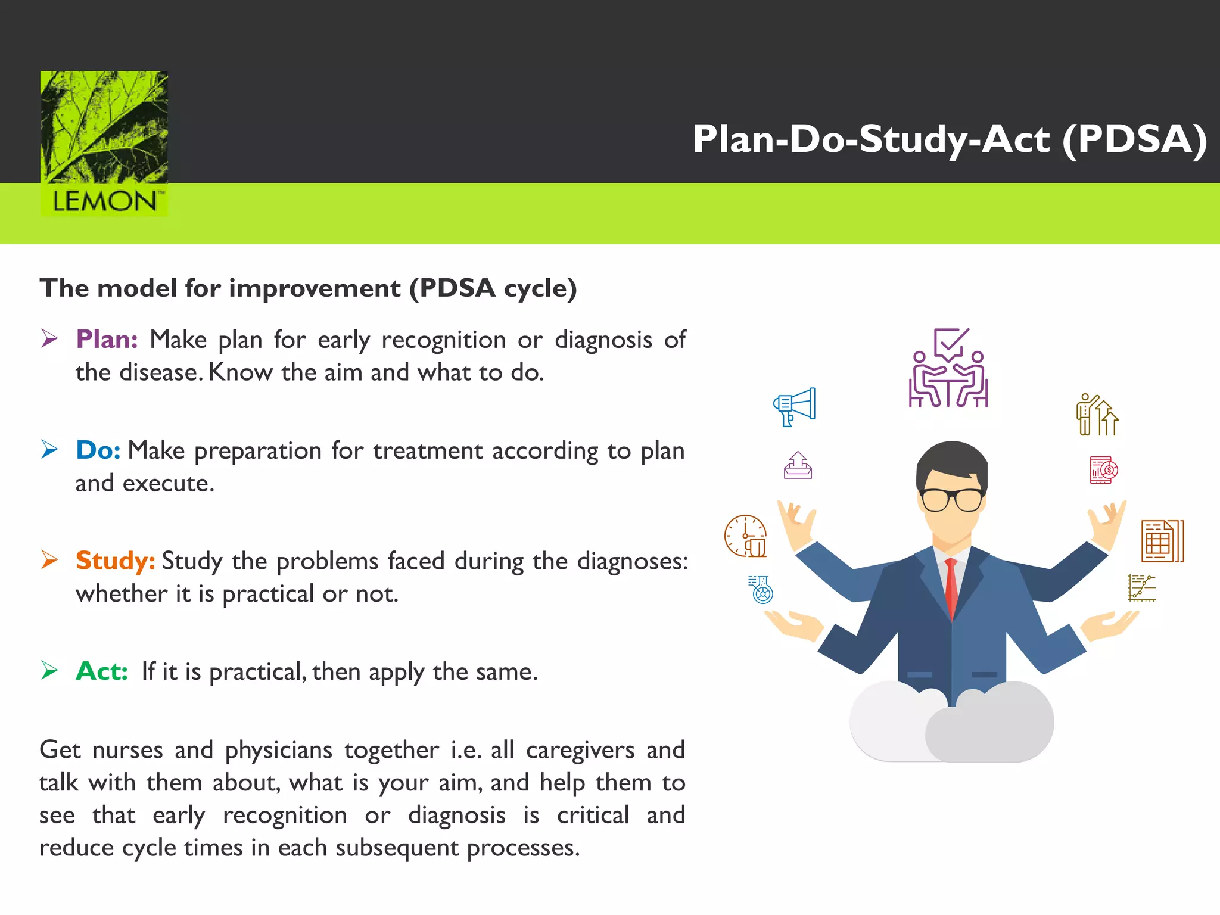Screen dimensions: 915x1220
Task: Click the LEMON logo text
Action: coord(105,201)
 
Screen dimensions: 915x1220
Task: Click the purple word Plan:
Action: coord(107,340)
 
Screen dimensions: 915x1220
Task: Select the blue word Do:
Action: coord(98,450)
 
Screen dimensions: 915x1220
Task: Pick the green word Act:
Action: coord(102,671)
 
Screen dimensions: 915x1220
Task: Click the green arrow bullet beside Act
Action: coord(49,671)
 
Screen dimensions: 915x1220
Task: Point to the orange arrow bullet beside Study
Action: coord(49,560)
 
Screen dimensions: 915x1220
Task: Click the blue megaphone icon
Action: coord(795,406)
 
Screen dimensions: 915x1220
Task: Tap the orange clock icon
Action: coord(745,536)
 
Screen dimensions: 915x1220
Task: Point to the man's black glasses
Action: coord(951,499)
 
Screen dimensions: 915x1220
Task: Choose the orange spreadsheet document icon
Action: coord(1162,541)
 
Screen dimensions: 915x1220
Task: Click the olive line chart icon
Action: coord(1141,588)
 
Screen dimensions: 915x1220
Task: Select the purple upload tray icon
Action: coord(798,465)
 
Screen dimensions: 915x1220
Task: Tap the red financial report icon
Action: coord(1103,470)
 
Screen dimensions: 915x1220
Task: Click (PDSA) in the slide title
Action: coord(1135,139)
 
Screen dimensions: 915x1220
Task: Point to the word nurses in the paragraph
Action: coord(127,750)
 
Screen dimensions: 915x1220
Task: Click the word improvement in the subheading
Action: coord(315,288)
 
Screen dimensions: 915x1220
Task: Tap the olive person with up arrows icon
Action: coord(1097,415)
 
